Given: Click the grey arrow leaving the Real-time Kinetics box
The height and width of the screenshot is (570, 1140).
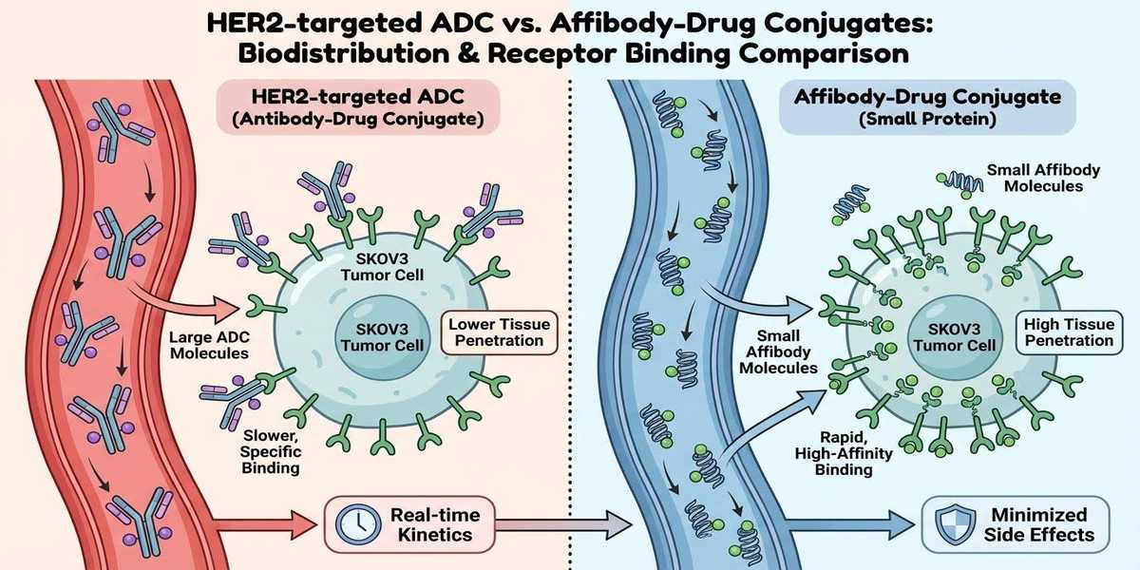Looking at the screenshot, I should (x=570, y=522).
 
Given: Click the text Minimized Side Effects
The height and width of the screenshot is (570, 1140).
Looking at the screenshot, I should (x=1043, y=522).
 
